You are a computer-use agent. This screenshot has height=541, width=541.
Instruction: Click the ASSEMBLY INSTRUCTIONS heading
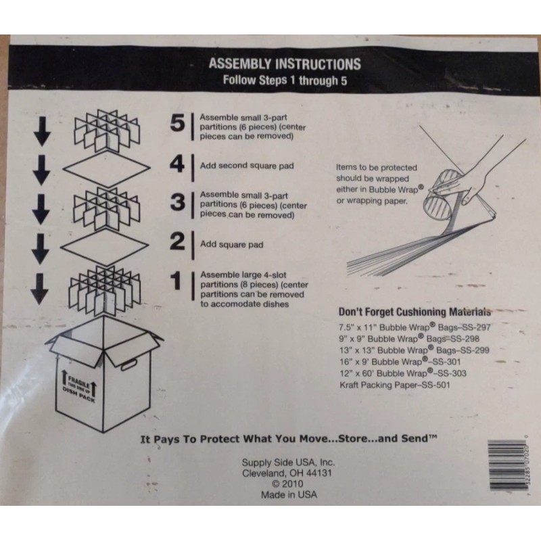(285, 65)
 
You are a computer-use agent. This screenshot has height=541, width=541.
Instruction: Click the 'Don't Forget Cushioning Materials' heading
(414, 312)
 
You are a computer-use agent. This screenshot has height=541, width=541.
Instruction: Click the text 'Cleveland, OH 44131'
(289, 473)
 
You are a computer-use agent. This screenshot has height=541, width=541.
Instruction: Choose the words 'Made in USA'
(289, 494)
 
